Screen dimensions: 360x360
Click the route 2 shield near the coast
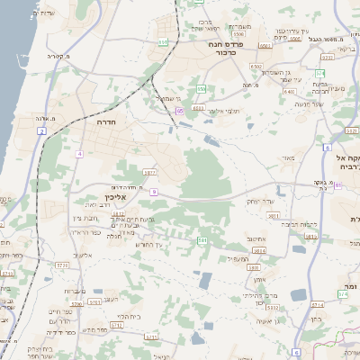click(x=40, y=132)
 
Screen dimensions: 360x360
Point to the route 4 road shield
click(x=79, y=154)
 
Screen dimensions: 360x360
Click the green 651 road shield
click(x=163, y=41)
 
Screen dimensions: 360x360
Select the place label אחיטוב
click(x=259, y=238)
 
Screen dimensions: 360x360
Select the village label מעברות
click(x=75, y=292)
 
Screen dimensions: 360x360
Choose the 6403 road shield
click(x=263, y=44)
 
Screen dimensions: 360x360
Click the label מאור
click(x=287, y=158)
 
